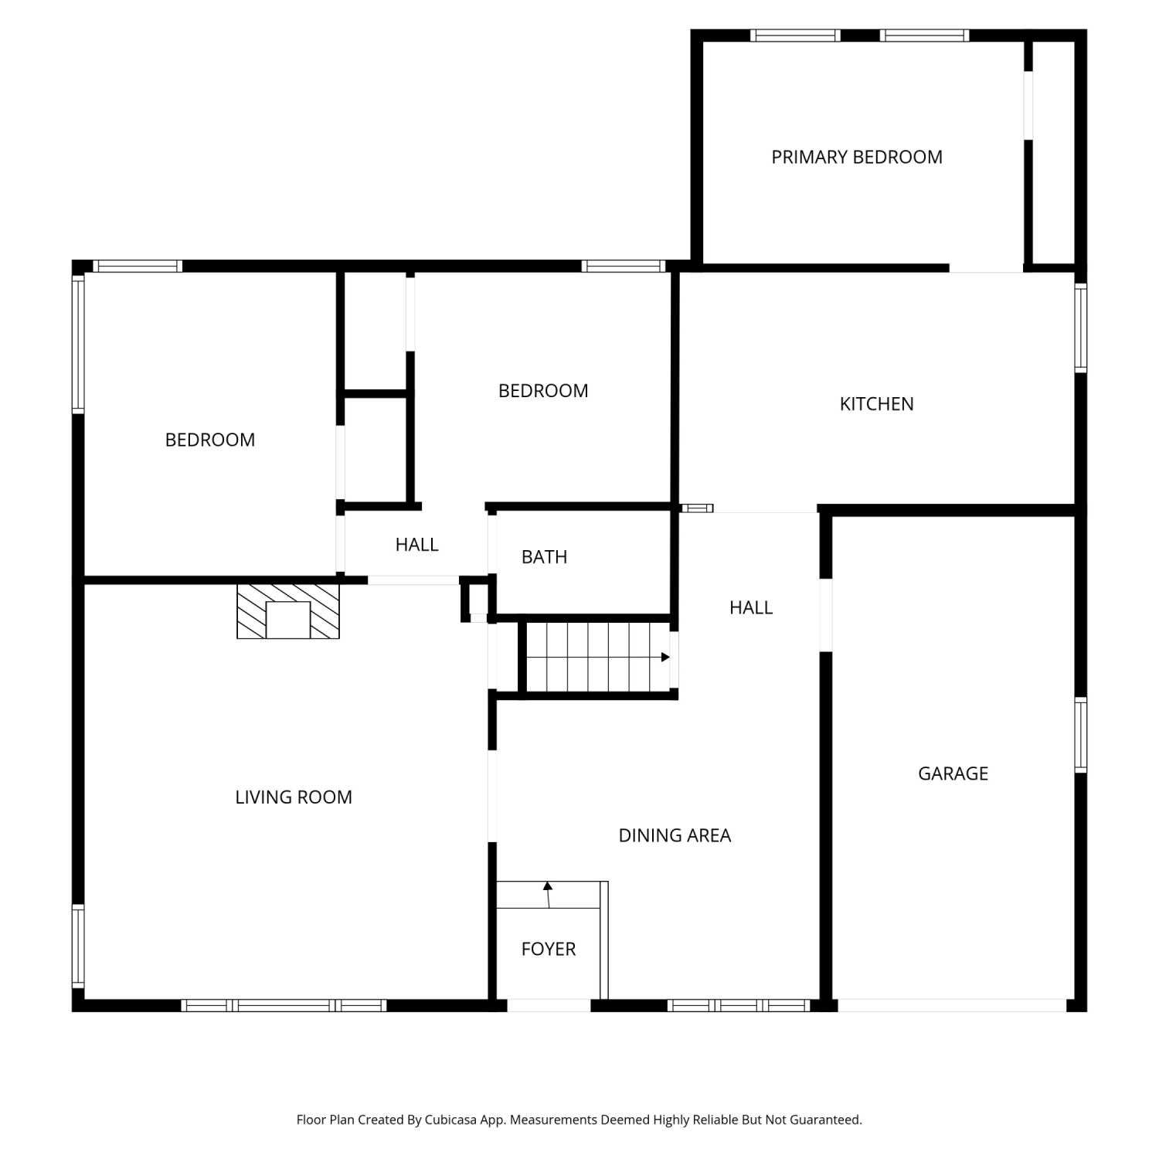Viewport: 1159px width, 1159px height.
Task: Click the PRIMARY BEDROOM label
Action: pyautogui.click(x=857, y=158)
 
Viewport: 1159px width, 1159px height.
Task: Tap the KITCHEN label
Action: pyautogui.click(x=877, y=404)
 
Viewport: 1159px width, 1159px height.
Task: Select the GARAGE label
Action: pyautogui.click(x=953, y=773)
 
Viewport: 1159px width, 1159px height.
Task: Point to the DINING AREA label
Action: pyautogui.click(x=675, y=835)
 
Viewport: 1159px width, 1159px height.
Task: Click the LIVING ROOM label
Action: pyautogui.click(x=294, y=797)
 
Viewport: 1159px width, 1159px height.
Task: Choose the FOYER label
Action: pyautogui.click(x=549, y=949)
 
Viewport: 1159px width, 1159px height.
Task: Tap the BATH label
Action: pyautogui.click(x=544, y=557)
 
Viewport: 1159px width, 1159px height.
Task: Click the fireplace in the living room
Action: pyautogui.click(x=288, y=611)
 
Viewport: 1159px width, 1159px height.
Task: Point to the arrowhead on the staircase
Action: pyautogui.click(x=665, y=658)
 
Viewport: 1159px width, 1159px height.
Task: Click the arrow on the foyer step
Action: pyautogui.click(x=549, y=894)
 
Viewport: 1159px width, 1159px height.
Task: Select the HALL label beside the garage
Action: pyautogui.click(x=751, y=608)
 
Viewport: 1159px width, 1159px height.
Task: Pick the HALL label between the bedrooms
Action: pyautogui.click(x=417, y=545)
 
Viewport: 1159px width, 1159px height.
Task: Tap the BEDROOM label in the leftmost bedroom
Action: pyautogui.click(x=210, y=440)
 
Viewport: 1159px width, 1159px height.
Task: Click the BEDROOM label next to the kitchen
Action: pyautogui.click(x=543, y=391)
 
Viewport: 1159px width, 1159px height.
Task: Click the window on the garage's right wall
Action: pyautogui.click(x=1081, y=735)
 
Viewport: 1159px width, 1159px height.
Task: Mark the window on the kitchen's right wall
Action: pyautogui.click(x=1081, y=328)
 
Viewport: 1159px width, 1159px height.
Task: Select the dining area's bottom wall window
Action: pyautogui.click(x=739, y=1005)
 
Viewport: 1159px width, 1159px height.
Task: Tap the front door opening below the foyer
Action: pyautogui.click(x=549, y=1005)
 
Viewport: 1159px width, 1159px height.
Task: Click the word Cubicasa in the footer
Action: pyautogui.click(x=450, y=1120)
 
